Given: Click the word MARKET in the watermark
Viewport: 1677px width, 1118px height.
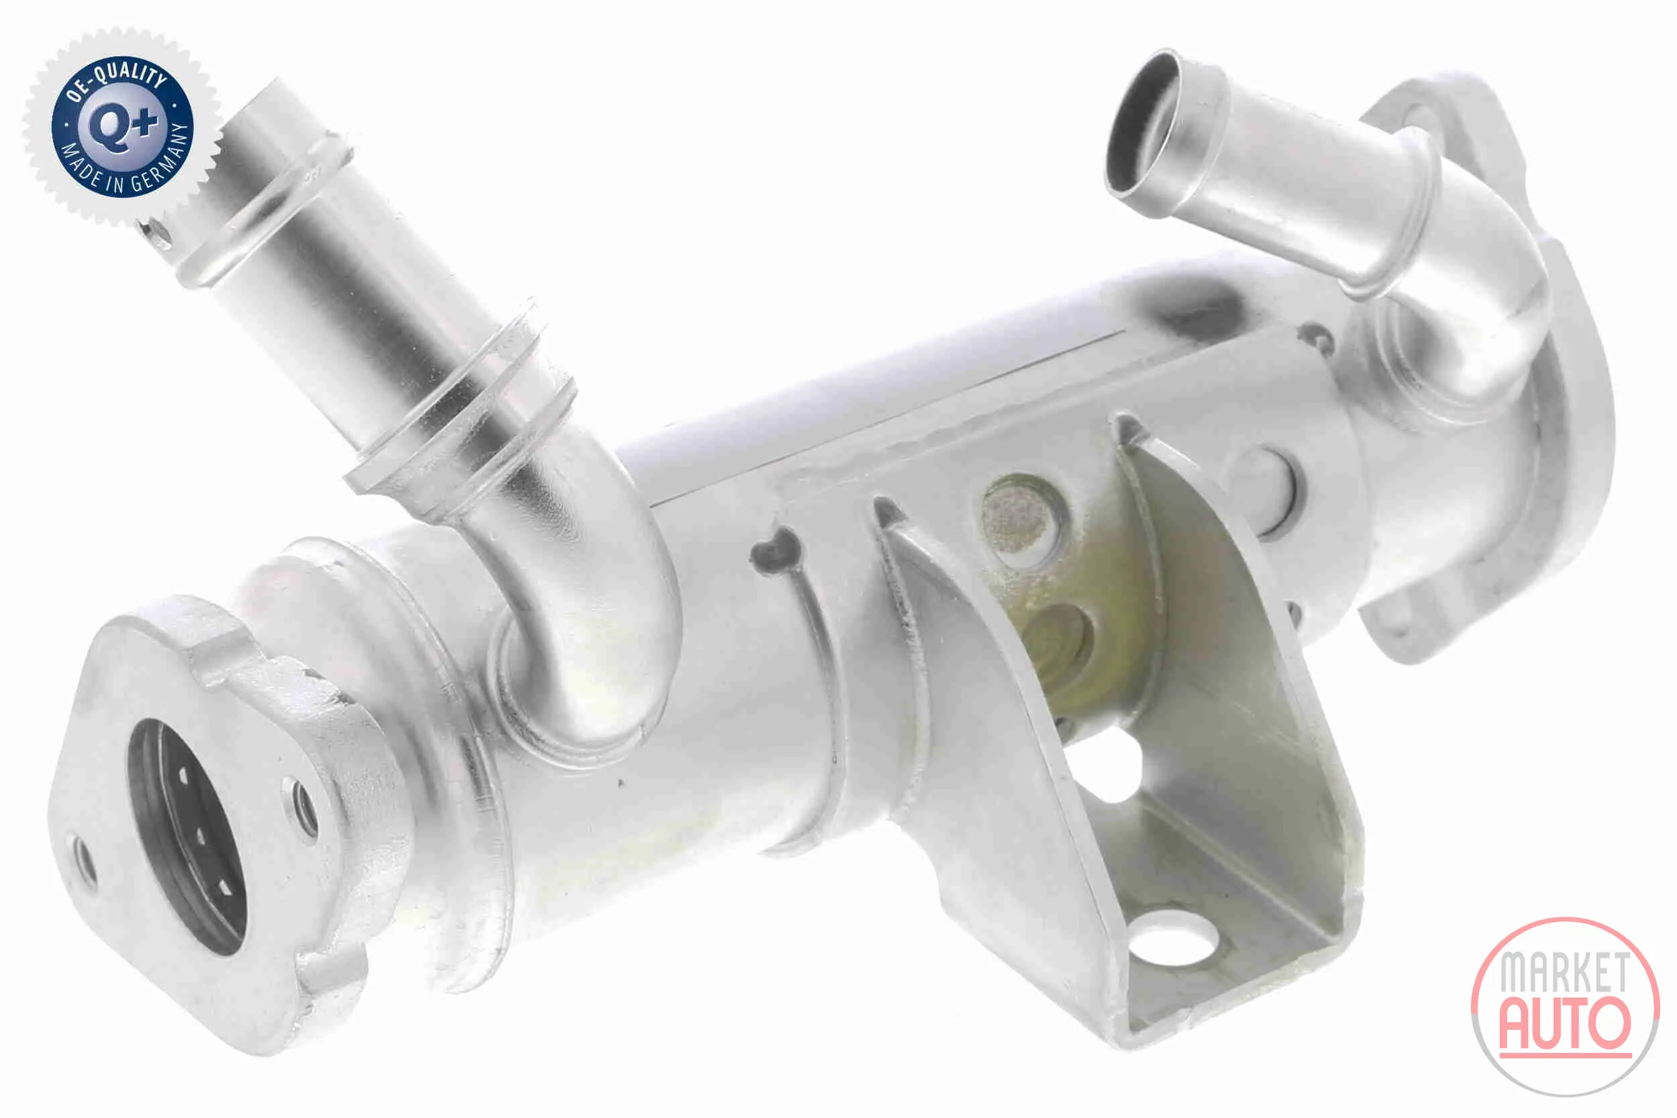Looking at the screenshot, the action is (1564, 971).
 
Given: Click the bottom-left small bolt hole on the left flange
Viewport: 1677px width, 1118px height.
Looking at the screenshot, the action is (83, 859).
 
